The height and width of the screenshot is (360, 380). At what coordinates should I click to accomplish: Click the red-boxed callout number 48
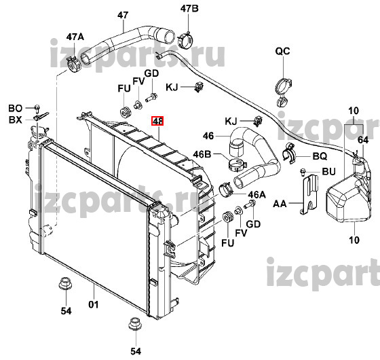coord(157,121)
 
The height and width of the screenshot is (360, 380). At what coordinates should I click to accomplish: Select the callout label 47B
coord(189,8)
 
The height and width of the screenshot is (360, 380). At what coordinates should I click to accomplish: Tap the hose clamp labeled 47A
coord(74,65)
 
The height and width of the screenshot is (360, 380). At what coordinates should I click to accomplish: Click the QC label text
coord(282,51)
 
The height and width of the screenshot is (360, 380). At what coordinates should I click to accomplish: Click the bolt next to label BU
coord(303,172)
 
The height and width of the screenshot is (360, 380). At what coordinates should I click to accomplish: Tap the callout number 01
coord(94,304)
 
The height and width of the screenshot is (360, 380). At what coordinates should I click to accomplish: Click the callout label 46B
coord(202,154)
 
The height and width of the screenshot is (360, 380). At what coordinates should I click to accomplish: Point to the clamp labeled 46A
coord(226,190)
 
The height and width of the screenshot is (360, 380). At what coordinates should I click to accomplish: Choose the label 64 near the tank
coord(363,140)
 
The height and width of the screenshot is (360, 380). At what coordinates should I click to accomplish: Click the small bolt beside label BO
coord(37,109)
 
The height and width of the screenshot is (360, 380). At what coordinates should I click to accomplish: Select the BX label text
coord(15,120)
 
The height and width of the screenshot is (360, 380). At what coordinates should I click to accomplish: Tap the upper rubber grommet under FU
coord(126,112)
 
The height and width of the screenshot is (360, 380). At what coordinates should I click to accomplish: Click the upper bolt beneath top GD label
coord(151,98)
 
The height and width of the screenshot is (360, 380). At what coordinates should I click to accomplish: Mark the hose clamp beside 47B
coord(185,39)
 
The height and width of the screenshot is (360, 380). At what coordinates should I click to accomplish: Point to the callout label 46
coord(208,136)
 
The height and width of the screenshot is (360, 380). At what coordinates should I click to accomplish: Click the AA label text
coord(280,204)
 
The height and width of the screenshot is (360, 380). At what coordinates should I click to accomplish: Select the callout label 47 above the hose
coord(123,15)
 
